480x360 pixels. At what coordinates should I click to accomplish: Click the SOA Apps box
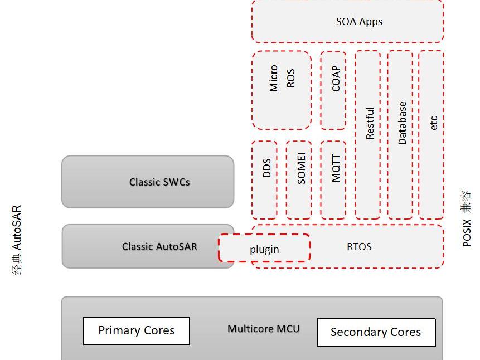coord(347,22)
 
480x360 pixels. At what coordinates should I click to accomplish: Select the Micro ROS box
coord(282,90)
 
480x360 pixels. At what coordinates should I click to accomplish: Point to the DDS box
coord(265,179)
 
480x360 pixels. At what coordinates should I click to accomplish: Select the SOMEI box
coord(299,179)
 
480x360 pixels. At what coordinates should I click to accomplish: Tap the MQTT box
coord(333,179)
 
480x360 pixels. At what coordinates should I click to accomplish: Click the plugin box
coord(264,249)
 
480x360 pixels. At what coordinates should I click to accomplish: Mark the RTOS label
coord(359,246)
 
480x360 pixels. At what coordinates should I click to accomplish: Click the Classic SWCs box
coord(148,182)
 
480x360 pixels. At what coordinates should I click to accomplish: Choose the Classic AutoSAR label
coord(159,246)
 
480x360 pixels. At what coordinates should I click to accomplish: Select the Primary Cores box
coord(137,330)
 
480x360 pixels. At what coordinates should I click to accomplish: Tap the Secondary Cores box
coord(376,332)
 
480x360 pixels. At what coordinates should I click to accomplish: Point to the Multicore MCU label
coord(263,329)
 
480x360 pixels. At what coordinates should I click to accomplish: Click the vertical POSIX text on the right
coord(467,233)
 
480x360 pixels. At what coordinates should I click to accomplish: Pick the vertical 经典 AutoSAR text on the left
coord(17,240)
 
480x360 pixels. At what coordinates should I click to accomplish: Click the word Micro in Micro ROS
coord(274,78)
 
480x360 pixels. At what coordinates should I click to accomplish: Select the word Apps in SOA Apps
coord(371,22)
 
